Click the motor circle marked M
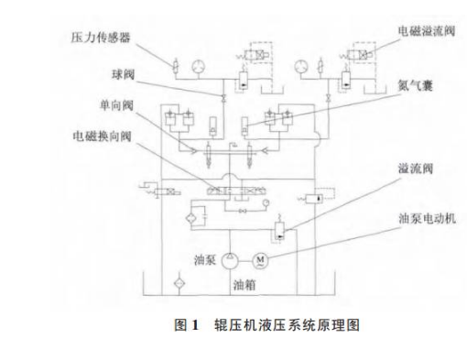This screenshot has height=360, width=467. [259, 260]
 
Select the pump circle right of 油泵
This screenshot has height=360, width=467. [227, 258]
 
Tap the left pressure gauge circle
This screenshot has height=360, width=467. [199, 65]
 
